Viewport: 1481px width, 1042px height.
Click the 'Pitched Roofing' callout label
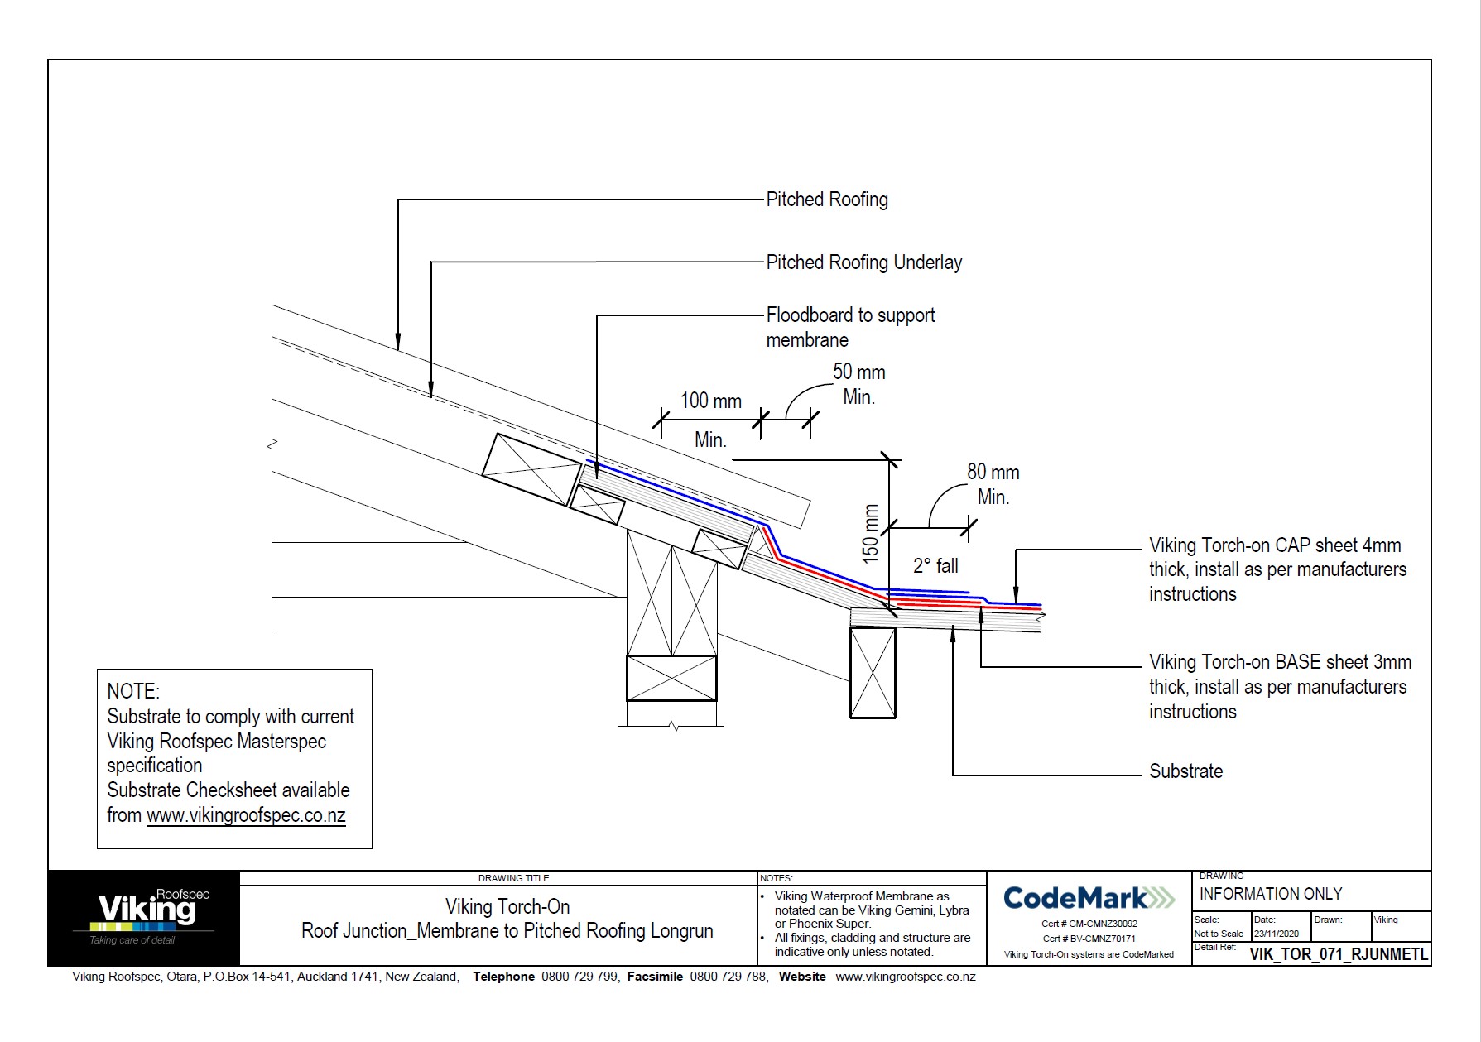(x=826, y=199)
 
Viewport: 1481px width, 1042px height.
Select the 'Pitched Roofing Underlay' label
(x=863, y=262)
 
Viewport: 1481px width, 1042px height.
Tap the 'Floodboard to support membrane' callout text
(x=849, y=327)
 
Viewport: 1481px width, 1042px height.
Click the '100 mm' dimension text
(x=710, y=401)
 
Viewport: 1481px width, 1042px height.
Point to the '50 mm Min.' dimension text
(x=858, y=384)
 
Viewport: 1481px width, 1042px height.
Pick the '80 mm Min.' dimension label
(x=993, y=484)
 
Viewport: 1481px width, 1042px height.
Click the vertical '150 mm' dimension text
(x=870, y=534)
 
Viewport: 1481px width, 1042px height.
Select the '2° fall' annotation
(x=935, y=566)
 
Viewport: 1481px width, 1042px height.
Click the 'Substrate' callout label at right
(x=1185, y=771)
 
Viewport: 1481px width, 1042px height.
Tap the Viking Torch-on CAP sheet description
(x=1277, y=569)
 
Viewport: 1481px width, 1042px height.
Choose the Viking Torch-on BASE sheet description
(x=1279, y=686)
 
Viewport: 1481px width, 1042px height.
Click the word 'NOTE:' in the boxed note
(x=133, y=692)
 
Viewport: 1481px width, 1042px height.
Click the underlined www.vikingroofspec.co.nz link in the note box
(x=246, y=815)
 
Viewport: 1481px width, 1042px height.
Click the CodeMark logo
(x=1088, y=898)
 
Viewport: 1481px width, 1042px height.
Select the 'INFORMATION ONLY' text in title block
(x=1270, y=894)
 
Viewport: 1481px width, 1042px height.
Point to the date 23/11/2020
(x=1276, y=934)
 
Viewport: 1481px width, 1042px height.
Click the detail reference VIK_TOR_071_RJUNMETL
(x=1338, y=954)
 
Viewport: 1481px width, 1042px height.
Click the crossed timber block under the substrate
(x=873, y=672)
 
